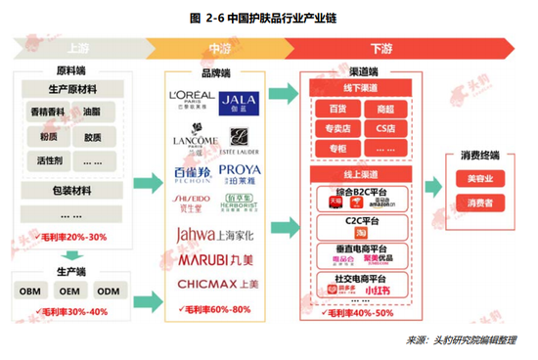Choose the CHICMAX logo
coord(216,284)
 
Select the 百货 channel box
coord(336,108)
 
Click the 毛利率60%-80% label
coord(216,310)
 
